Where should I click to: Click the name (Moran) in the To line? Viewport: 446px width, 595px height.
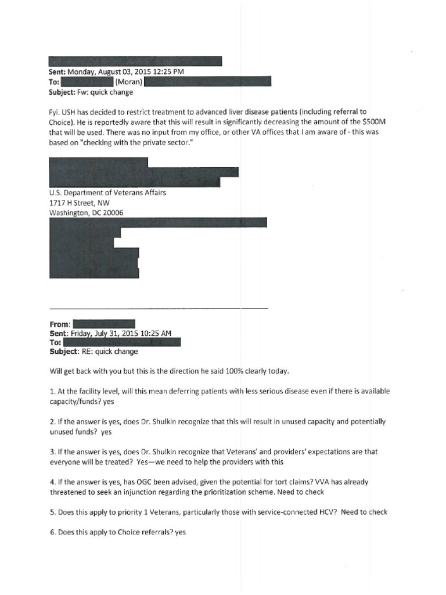[x=128, y=82]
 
